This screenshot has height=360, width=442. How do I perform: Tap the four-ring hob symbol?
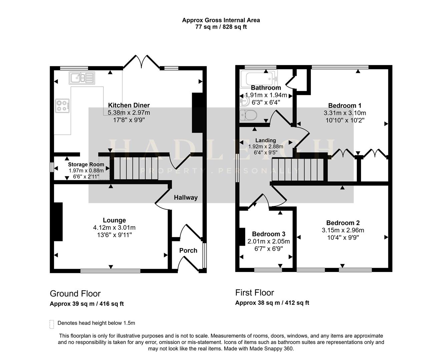point(63,106)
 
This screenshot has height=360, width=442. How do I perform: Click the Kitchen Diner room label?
point(129,105)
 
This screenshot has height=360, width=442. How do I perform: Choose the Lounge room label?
point(114,220)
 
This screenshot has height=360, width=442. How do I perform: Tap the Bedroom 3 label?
point(269,234)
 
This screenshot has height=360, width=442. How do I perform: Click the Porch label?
point(188,250)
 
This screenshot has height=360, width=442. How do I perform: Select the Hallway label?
point(186,198)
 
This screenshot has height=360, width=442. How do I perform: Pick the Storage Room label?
point(86,164)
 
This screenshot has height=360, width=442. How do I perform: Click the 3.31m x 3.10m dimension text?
point(345,113)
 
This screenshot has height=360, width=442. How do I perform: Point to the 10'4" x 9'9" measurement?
point(343,237)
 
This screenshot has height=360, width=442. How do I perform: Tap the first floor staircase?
point(298,170)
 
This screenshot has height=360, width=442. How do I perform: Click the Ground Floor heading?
point(75,294)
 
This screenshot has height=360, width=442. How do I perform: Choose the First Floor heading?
point(255,293)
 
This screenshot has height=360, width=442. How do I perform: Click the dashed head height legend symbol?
point(52,324)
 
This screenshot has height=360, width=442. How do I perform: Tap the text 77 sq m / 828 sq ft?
point(221,27)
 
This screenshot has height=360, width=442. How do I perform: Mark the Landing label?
point(266,140)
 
